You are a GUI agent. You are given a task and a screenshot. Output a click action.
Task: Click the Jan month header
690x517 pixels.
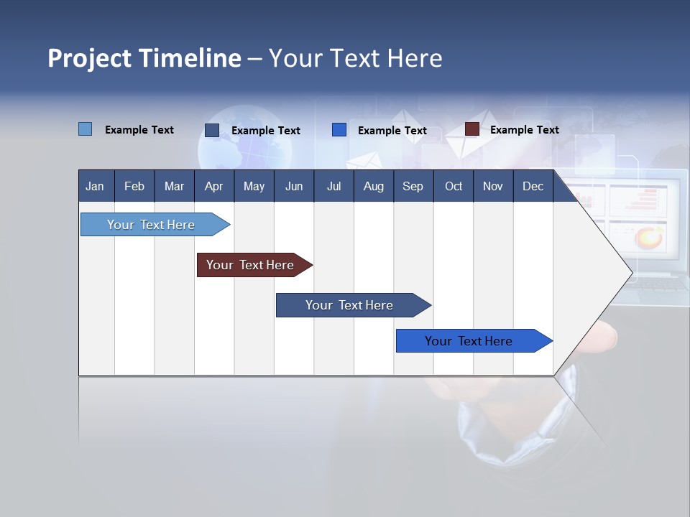[x=95, y=187]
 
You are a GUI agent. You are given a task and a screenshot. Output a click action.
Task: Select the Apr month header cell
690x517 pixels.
[x=214, y=187]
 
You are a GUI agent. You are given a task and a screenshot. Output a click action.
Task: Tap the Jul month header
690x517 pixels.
[x=333, y=187]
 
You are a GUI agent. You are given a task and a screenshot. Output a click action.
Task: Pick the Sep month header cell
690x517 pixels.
[x=413, y=187]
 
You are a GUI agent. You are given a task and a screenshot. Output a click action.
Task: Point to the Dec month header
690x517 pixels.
[x=533, y=187]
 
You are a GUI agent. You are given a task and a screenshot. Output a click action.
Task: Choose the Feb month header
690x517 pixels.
[x=134, y=187]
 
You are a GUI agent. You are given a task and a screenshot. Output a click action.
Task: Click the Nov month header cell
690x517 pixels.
[x=492, y=187]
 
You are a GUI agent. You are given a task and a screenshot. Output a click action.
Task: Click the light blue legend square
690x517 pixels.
[x=86, y=129]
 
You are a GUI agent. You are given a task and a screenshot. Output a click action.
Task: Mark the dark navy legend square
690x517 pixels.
[x=212, y=130]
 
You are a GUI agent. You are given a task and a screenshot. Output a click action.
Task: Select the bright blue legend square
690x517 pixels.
[x=339, y=130]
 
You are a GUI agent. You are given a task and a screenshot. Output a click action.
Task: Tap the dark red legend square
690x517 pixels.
[x=472, y=129]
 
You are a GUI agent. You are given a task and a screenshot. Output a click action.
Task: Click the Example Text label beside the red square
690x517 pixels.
[x=524, y=130]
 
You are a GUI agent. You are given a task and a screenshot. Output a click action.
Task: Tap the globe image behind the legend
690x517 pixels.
[x=244, y=140]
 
